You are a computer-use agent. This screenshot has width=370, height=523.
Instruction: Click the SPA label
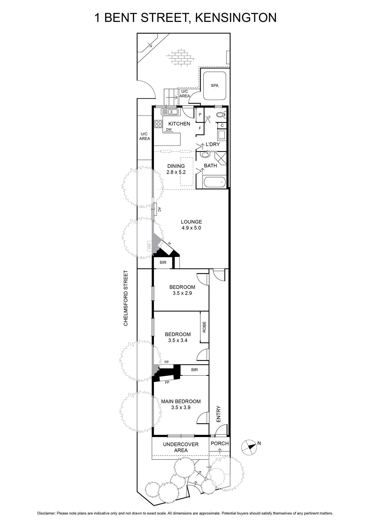(214, 85)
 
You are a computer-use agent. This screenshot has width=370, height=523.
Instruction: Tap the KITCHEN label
(179, 124)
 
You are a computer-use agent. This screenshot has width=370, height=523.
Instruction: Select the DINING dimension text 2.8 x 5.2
(176, 172)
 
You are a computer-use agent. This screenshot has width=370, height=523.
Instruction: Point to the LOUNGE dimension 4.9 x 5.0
(192, 228)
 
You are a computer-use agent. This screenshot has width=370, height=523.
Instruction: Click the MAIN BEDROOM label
(181, 401)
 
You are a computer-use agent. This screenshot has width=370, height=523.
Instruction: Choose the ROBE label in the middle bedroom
(204, 327)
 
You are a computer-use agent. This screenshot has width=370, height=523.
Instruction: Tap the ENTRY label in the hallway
(218, 414)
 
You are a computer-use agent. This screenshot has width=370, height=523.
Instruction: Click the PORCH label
(220, 443)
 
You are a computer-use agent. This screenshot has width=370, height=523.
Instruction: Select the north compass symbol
(249, 447)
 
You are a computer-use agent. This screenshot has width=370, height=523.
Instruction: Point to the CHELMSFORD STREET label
(126, 298)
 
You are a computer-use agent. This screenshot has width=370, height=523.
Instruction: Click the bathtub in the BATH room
(215, 182)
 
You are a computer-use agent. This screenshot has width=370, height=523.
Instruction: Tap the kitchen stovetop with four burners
(158, 124)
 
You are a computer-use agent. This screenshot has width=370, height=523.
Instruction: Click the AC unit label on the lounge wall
(159, 210)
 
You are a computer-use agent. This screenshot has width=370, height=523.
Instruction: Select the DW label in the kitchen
(169, 129)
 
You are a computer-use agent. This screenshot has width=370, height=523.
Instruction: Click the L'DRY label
(213, 144)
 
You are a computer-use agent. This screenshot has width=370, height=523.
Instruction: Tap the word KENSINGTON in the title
(236, 18)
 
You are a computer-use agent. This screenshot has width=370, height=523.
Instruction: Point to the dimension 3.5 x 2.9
(182, 293)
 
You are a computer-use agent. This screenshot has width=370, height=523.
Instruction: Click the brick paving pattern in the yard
(180, 57)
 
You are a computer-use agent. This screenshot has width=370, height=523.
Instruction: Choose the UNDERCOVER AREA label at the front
(181, 447)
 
